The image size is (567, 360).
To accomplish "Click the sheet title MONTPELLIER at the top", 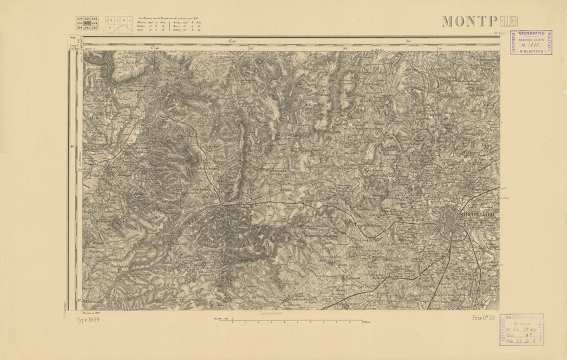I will [x=470, y=21].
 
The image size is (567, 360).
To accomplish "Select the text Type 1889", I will [x=88, y=319].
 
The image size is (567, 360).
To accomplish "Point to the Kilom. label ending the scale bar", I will [x=366, y=322].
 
